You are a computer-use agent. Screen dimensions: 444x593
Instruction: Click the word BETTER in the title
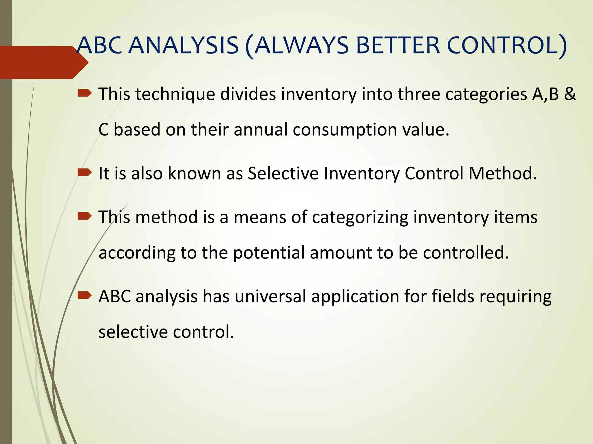398,45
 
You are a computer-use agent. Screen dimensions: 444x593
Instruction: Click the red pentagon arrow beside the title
43,62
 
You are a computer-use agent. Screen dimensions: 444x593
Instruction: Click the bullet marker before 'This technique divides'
85,93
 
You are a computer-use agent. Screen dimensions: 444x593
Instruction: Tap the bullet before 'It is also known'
85,173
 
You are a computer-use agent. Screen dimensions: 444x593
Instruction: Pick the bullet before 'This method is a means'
85,216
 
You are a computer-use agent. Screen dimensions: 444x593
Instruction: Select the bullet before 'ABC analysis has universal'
85,295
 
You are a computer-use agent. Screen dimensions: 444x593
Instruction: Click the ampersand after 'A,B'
570,94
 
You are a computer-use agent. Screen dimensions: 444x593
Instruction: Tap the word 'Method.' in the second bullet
503,173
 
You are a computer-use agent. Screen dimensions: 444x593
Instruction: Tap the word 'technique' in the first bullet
175,94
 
